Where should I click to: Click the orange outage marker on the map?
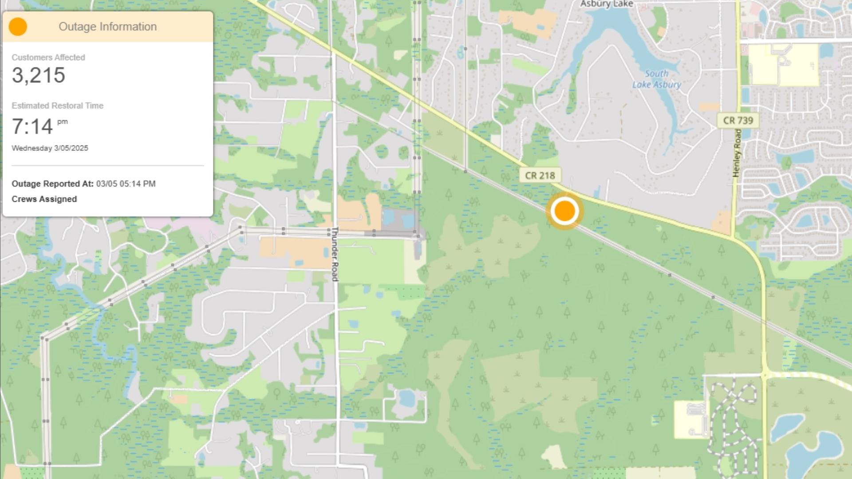[564, 211]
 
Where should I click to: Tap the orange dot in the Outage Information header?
[18, 27]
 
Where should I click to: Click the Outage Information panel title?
[107, 27]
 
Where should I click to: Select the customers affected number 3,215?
[39, 75]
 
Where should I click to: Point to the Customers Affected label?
[48, 57]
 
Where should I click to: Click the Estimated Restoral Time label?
[57, 106]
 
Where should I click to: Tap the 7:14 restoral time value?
[32, 127]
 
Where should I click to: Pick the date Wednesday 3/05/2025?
[50, 148]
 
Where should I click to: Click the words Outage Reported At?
[52, 184]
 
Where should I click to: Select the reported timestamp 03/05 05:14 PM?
[126, 184]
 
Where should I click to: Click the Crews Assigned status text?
[44, 199]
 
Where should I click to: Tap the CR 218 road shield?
[540, 176]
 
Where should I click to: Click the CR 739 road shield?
[738, 120]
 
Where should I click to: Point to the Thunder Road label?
[335, 254]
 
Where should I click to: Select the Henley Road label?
[738, 153]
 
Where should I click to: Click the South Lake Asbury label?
[656, 79]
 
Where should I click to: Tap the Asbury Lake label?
[606, 4]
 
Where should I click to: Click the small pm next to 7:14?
[62, 122]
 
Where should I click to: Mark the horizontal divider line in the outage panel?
[107, 165]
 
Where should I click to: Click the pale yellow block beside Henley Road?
[783, 65]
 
